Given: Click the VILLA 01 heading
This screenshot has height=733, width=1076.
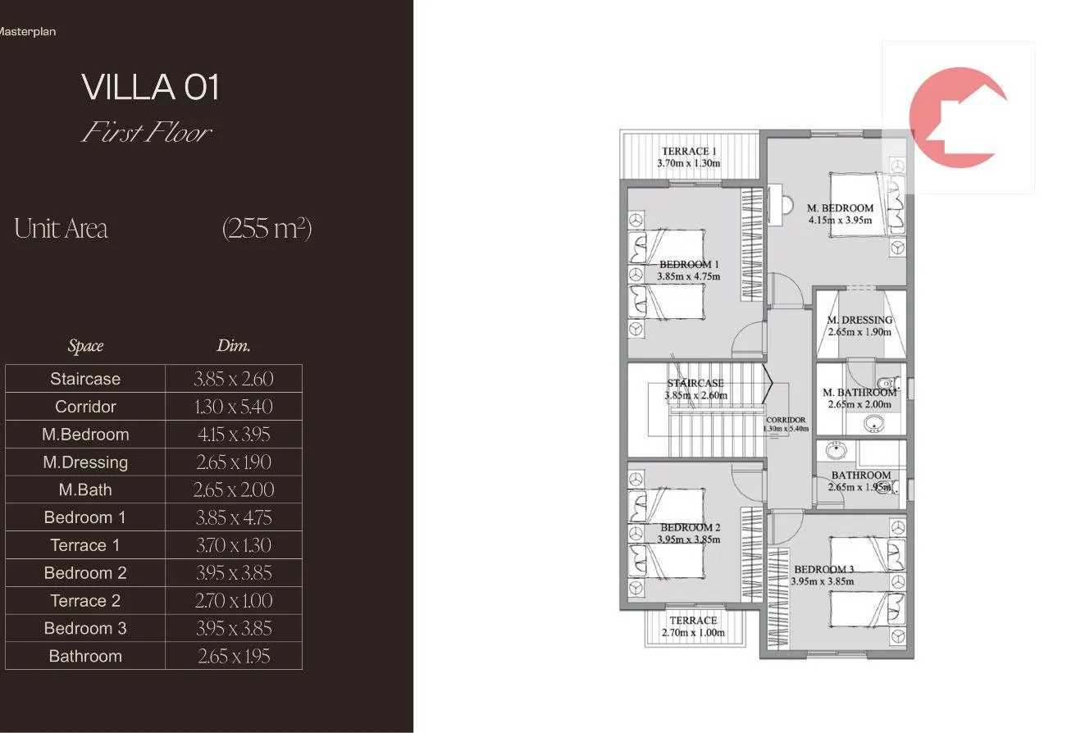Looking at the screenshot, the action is (x=150, y=87).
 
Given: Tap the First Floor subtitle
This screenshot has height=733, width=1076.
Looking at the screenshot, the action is (x=147, y=132).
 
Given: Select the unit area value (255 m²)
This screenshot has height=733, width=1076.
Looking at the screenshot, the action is (x=267, y=228).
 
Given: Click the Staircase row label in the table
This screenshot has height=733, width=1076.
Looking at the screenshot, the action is (x=85, y=379).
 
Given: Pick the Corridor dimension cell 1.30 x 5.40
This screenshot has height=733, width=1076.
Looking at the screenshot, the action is (x=234, y=407).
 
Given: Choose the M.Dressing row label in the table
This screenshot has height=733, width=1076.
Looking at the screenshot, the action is (x=85, y=462).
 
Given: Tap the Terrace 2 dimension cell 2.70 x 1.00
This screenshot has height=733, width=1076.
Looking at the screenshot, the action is (x=234, y=600).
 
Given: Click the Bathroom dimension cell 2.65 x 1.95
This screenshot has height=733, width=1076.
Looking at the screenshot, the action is (x=234, y=656).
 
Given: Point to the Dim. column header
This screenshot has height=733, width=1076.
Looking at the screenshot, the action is (x=234, y=345).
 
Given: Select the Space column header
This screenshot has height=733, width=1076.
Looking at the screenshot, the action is (x=85, y=346).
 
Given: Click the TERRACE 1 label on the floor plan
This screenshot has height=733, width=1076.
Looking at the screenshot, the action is (x=689, y=151).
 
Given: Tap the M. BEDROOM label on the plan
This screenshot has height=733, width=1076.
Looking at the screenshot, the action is (x=840, y=208).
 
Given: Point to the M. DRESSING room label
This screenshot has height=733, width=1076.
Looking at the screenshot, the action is (x=859, y=320).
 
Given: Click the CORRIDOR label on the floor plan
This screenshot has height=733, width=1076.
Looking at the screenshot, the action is (x=786, y=419).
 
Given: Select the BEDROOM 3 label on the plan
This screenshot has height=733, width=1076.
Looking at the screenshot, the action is (x=823, y=569).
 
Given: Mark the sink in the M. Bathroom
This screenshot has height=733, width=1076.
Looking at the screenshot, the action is (x=873, y=424).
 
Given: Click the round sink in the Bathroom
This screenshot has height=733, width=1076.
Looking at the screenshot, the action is (x=837, y=451).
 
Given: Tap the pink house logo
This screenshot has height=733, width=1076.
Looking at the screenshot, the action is (x=958, y=118).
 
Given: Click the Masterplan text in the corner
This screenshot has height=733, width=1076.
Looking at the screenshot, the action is (x=27, y=32).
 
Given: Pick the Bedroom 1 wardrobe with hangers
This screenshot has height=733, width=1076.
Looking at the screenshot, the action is (x=752, y=244).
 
